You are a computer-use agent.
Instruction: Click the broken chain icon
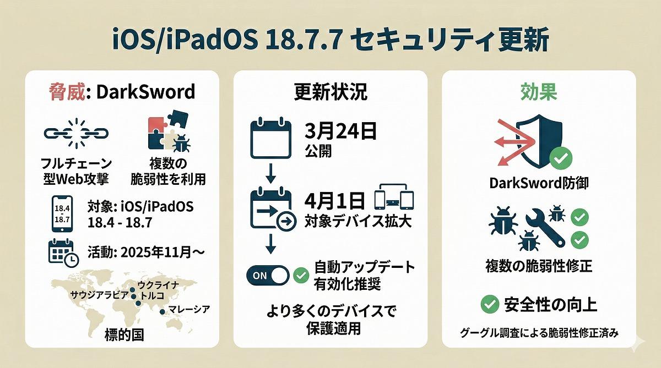point(76,134)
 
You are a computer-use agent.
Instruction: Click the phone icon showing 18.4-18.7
point(62,213)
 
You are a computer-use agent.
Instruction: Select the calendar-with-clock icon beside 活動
point(63,253)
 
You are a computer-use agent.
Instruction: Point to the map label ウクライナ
point(158,285)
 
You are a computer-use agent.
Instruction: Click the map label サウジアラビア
point(100,295)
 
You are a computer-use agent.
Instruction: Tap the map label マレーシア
point(189,309)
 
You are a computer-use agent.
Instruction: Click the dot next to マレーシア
point(162,312)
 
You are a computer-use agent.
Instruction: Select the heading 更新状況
point(331,92)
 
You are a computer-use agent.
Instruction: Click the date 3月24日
point(340,131)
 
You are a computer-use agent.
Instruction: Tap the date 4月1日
point(334,200)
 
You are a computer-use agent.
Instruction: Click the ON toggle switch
point(268,276)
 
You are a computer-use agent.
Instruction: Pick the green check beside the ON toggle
point(301,276)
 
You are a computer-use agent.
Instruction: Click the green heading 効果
point(539,92)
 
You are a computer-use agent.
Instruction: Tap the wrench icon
point(545,228)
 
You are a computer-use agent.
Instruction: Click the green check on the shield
point(561,158)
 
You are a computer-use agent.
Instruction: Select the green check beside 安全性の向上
point(490,304)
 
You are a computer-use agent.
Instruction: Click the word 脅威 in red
point(67,92)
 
